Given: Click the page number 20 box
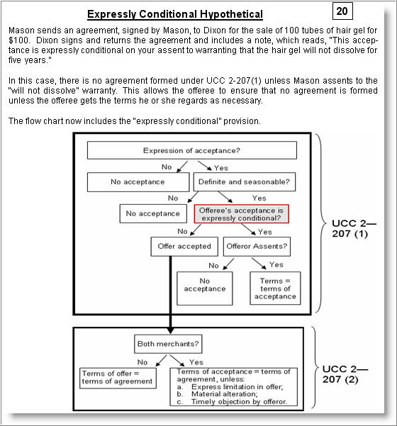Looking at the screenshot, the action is (342, 11).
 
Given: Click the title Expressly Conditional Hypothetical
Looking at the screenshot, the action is (175, 14).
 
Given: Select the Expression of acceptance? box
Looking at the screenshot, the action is (192, 150).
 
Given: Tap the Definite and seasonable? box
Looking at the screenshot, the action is (245, 181).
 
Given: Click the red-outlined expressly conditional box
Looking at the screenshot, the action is (241, 214).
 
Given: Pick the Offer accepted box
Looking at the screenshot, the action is (184, 247).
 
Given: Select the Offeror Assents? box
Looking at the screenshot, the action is (257, 247).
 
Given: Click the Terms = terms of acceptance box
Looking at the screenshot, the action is (275, 288).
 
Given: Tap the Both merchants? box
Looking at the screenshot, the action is (168, 344).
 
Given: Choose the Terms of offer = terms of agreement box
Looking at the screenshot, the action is (118, 378).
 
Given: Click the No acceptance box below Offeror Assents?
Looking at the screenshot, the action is (205, 288).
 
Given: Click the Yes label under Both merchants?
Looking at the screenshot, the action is (196, 362).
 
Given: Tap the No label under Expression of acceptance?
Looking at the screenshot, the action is (167, 167).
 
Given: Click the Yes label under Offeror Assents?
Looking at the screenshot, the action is (276, 264).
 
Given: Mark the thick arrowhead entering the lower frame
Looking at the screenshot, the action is (170, 330).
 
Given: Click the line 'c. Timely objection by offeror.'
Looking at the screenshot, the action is (232, 402).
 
